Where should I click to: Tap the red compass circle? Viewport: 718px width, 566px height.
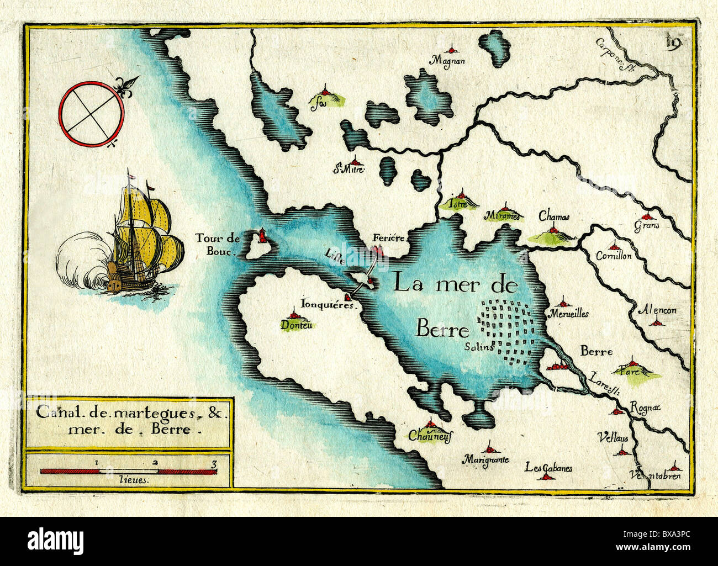[x=92, y=114]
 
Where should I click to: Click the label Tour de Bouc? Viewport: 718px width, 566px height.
[x=217, y=244]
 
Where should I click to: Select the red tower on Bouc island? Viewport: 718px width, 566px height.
[x=262, y=235]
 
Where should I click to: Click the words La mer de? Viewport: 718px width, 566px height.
[x=455, y=284]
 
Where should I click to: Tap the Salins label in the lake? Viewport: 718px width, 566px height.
[x=478, y=348]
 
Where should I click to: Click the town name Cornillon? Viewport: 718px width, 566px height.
[x=614, y=256]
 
